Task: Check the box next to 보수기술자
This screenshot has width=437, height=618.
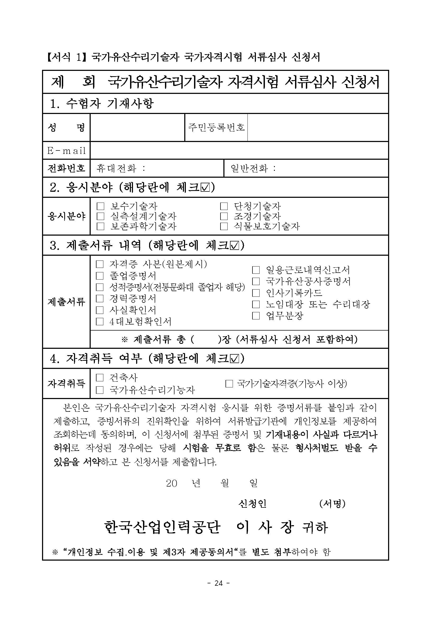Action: point(100,207)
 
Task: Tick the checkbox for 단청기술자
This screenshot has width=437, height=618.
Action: point(224,207)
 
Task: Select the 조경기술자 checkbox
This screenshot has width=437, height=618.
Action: point(224,216)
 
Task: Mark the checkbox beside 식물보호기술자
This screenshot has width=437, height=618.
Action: point(224,226)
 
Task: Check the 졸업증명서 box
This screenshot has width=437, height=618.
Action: point(100,276)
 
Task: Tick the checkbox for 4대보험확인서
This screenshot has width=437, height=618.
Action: point(100,321)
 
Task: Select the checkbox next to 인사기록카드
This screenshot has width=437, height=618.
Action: point(256,293)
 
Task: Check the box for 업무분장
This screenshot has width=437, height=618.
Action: point(256,315)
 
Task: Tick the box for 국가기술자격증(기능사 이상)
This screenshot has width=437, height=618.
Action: point(229,384)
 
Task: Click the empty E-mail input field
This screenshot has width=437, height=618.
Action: point(239,150)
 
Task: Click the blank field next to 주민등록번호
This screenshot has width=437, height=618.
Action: point(318,127)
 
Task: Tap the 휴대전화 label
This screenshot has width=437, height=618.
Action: point(116,168)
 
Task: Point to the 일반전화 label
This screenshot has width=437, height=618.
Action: point(249,168)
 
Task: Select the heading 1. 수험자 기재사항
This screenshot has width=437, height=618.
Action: point(102,103)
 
